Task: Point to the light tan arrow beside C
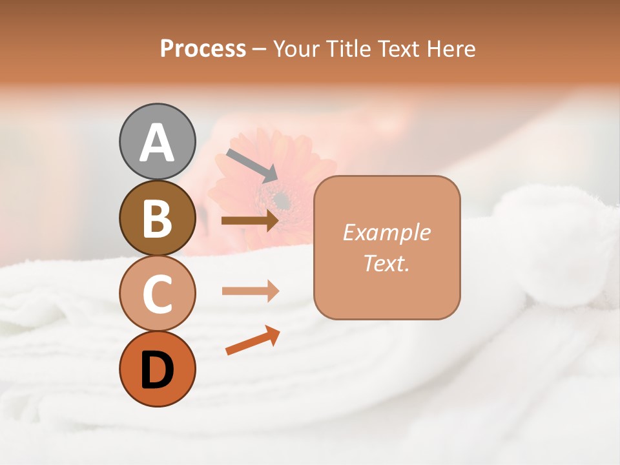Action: coord(250,291)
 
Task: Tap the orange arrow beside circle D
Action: coord(253,340)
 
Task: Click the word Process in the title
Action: coord(203,49)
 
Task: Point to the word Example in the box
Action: coord(387,232)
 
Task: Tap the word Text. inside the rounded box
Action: coord(387,263)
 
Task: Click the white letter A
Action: coord(158,142)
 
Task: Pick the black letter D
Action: coord(158,370)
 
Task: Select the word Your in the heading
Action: coord(296,49)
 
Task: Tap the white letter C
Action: coord(158,294)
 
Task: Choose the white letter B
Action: coord(158,218)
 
